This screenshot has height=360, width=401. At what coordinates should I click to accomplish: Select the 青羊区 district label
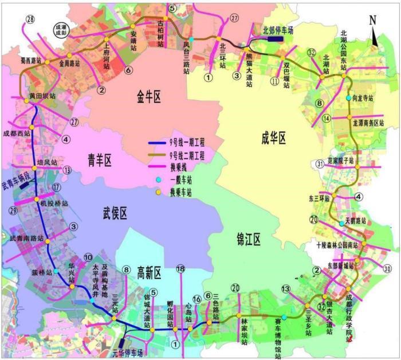click(99, 159)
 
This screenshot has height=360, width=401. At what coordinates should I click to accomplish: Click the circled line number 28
click(30, 19)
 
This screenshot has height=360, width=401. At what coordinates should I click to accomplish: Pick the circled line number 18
click(180, 269)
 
